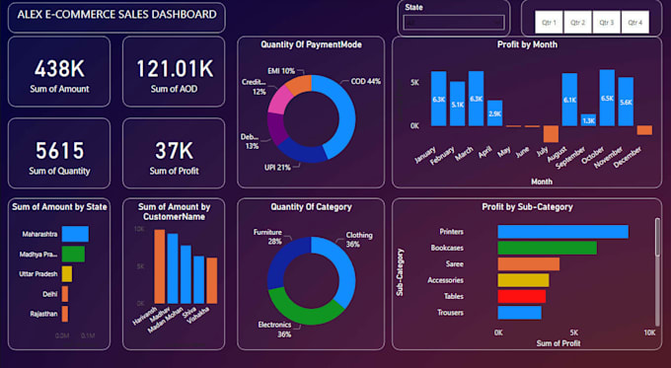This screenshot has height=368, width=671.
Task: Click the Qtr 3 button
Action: click(606, 22)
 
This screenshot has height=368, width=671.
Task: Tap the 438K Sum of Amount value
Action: click(59, 68)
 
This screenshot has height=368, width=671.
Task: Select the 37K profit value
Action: click(174, 150)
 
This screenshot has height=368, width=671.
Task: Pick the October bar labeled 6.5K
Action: click(607, 98)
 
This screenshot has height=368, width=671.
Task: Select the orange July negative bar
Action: click(551, 134)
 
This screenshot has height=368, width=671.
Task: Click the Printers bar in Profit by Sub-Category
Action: click(562, 232)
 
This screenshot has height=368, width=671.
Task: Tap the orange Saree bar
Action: click(528, 263)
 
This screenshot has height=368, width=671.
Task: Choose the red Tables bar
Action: click(521, 296)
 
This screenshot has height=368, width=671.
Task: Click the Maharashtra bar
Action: click(75, 234)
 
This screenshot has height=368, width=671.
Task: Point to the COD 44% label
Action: click(367, 81)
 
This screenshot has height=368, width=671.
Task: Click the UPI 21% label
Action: click(276, 167)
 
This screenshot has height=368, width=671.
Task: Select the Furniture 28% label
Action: click(268, 236)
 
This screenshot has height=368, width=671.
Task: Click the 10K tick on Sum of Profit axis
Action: click(648, 332)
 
